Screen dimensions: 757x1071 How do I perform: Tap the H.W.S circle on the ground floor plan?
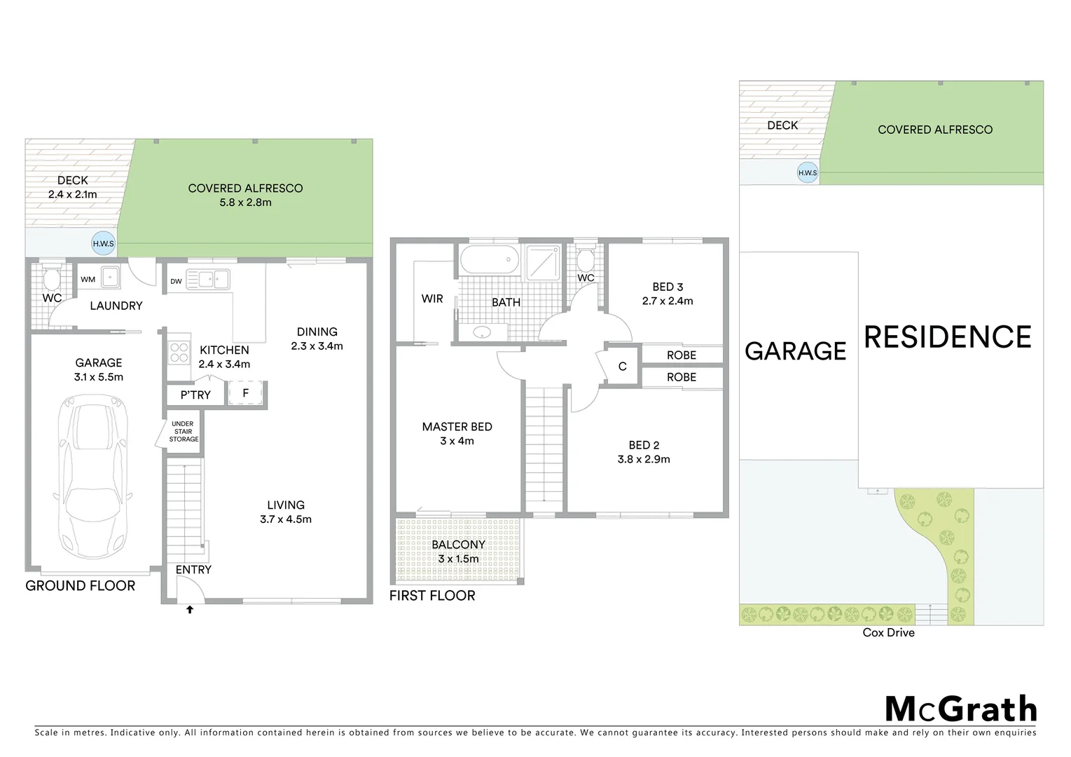tap(103, 244)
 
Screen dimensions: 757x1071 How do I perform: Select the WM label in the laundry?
tap(88, 280)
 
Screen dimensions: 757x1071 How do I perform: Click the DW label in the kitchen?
tap(176, 282)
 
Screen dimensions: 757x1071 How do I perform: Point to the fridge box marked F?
tap(246, 393)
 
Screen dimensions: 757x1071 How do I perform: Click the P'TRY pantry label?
tap(195, 395)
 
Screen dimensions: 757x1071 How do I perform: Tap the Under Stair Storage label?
tap(184, 431)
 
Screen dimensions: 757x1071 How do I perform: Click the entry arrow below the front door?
tap(189, 610)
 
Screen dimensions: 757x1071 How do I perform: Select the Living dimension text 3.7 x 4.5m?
tap(286, 519)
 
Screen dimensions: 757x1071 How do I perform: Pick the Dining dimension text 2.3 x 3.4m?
tap(317, 346)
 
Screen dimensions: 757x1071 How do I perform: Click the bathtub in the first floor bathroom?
tap(489, 260)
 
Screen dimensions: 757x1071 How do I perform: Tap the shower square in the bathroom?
tap(542, 261)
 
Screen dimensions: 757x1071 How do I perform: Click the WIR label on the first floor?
tap(432, 299)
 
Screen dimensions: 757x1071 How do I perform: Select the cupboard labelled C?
tap(622, 367)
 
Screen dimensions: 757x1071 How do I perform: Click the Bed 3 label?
tap(668, 287)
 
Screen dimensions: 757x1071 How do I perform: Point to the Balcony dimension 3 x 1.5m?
tap(458, 559)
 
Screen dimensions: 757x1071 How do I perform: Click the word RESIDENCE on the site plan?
tap(947, 337)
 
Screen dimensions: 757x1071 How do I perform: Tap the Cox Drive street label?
tap(888, 632)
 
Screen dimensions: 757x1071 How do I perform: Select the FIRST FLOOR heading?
tap(432, 596)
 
